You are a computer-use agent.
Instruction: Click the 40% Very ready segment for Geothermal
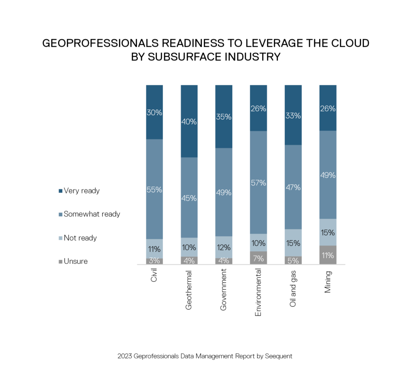189,121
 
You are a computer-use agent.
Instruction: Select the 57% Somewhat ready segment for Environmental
258,182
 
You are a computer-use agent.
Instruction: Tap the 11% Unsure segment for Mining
328,255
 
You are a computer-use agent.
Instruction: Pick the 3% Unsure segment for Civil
155,261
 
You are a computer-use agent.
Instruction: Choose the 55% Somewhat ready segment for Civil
155,189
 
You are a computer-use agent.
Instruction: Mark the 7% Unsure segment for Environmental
258,258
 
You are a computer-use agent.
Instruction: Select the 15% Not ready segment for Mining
328,232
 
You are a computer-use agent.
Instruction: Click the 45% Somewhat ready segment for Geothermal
189,197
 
